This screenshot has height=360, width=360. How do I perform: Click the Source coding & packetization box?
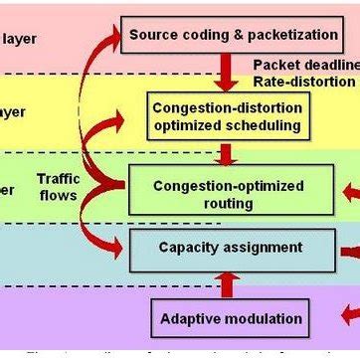[231, 35]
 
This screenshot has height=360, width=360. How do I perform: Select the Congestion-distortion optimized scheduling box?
[228, 116]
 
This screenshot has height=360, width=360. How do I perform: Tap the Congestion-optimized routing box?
[229, 194]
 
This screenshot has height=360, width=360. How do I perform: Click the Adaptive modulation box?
[231, 318]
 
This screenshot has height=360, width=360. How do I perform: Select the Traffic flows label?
[58, 187]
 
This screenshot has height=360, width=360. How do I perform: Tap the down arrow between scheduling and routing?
[228, 154]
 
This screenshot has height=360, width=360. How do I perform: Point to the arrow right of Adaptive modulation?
[349, 316]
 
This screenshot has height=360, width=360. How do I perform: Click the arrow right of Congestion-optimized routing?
[349, 192]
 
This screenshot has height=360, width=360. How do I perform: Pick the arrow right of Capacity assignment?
[349, 252]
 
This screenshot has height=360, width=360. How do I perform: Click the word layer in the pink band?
[19, 40]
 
